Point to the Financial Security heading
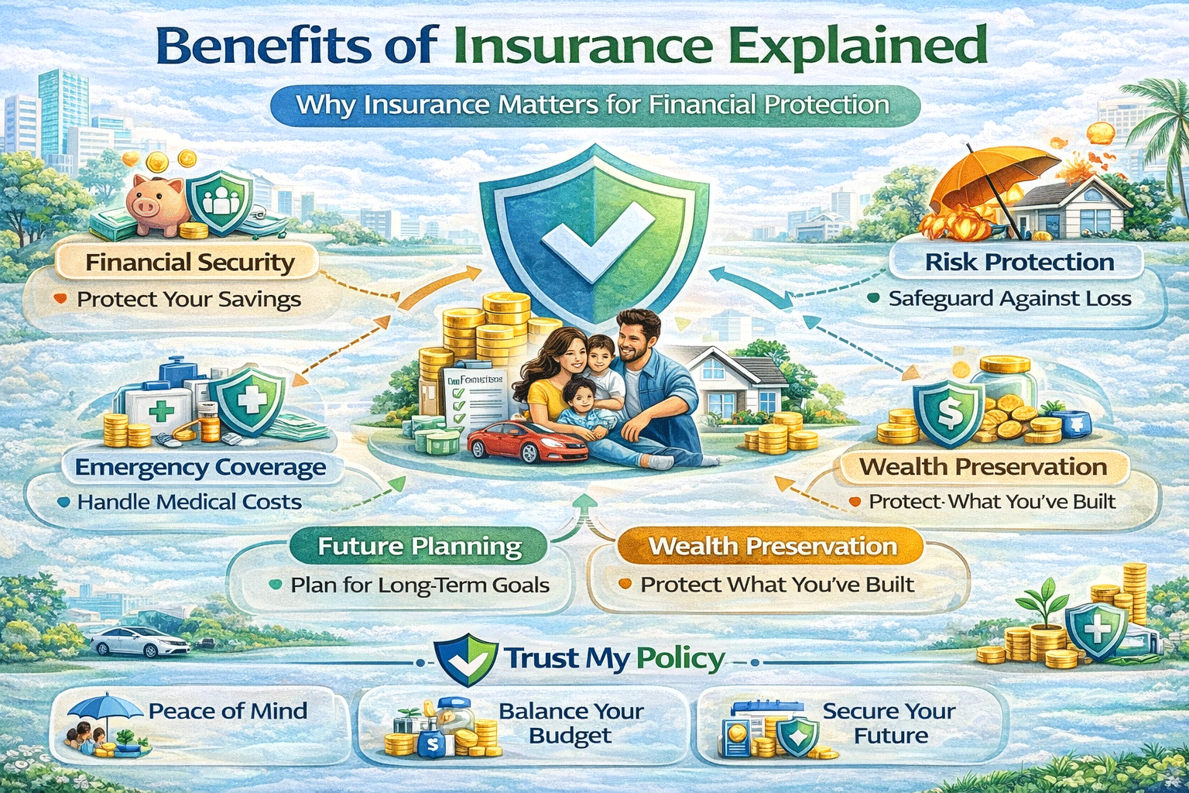click(x=190, y=263)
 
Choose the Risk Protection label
click(x=1019, y=262)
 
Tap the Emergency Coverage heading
click(x=200, y=468)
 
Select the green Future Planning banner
click(x=420, y=547)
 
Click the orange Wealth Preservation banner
click(x=772, y=547)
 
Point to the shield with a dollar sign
click(x=949, y=414)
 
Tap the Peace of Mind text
click(x=228, y=711)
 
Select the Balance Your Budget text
click(x=571, y=723)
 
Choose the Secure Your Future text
click(x=889, y=723)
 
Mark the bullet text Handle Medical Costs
click(x=189, y=502)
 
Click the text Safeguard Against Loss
click(x=1009, y=298)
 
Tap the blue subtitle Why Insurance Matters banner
click(x=593, y=105)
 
